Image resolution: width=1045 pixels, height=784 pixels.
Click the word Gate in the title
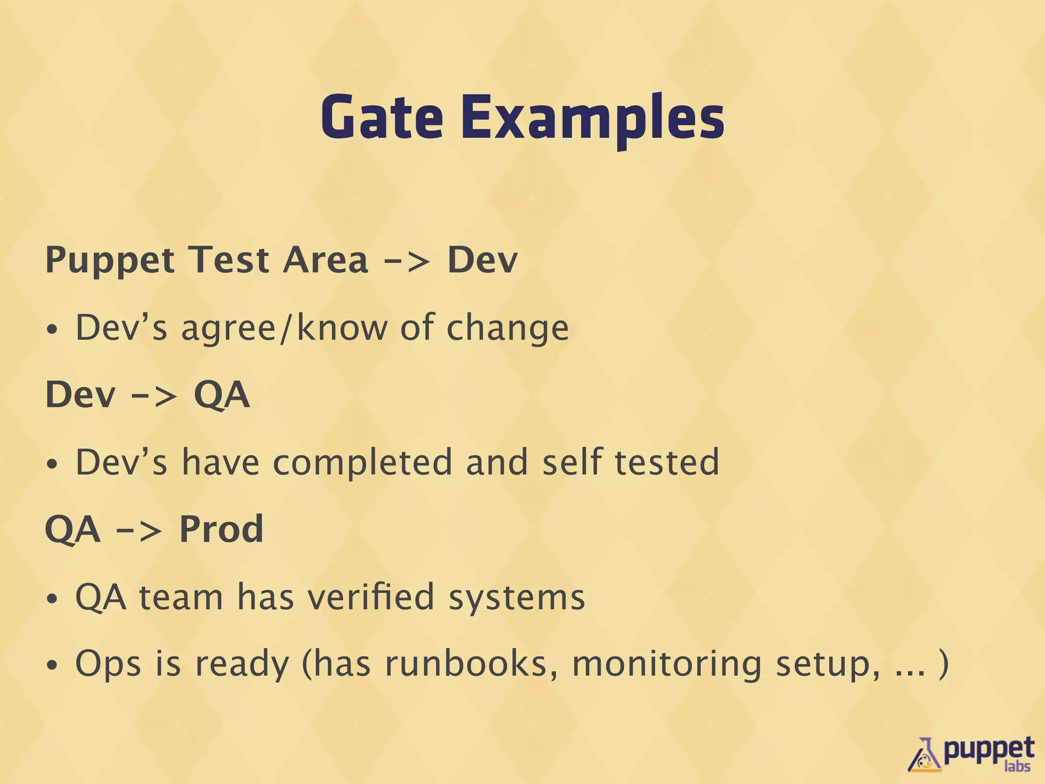(x=382, y=117)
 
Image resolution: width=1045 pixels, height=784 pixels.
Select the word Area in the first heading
(x=326, y=260)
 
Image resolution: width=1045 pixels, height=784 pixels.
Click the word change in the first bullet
(x=507, y=329)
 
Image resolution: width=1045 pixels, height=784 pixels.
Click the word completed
(x=363, y=462)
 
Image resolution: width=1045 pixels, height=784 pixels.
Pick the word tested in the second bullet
(x=667, y=462)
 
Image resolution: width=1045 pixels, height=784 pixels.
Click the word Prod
(x=221, y=529)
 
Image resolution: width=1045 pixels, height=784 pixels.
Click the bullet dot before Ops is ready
(x=52, y=666)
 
